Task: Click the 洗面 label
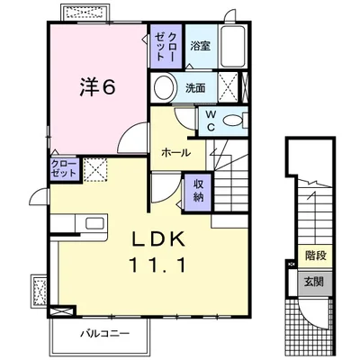tap(196, 88)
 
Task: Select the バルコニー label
tap(103, 334)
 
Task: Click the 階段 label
tap(315, 256)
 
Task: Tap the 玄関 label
tap(315, 282)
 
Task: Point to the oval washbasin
tap(165, 88)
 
